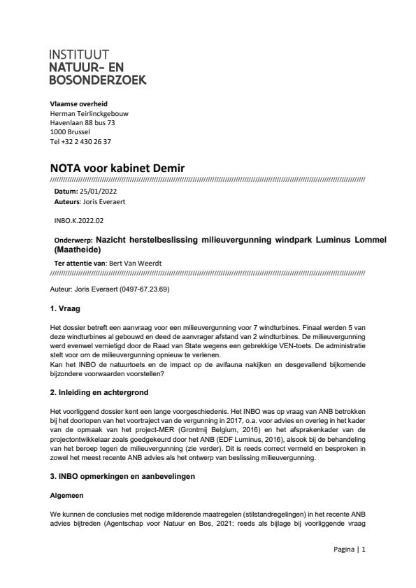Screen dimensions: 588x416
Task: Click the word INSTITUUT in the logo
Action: click(80, 55)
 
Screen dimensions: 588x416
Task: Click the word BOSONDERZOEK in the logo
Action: click(98, 80)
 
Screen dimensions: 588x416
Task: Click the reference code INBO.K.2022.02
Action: click(76, 220)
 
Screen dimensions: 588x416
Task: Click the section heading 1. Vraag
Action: click(68, 307)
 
